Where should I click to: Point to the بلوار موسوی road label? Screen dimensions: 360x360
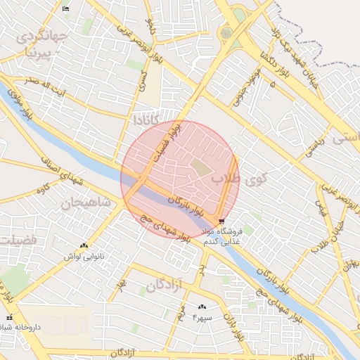(x=21, y=102)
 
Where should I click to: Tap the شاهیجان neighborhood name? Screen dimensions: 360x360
(x=85, y=203)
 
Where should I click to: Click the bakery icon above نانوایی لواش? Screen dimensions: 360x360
(x=84, y=245)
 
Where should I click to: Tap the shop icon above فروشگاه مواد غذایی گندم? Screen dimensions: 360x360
(x=222, y=221)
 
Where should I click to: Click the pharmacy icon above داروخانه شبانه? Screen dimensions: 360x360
(x=9, y=318)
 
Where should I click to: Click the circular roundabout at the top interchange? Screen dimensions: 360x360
(x=226, y=32)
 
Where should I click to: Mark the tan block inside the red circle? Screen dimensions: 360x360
(x=201, y=167)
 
